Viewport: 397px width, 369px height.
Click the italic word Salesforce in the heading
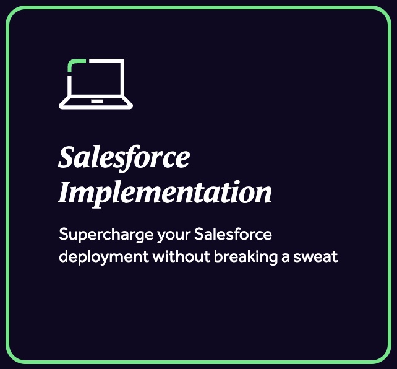[x=124, y=157]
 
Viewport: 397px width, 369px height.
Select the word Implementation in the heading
[x=165, y=193]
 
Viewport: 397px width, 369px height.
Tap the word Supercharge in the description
[x=106, y=235]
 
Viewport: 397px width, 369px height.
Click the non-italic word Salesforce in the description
[x=233, y=234]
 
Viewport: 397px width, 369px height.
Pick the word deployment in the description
[x=104, y=258]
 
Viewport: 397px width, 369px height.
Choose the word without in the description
[x=182, y=256]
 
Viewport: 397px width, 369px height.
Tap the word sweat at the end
[x=315, y=257]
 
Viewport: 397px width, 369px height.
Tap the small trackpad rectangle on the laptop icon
[x=96, y=102]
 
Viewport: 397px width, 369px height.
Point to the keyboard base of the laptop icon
[x=96, y=107]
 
